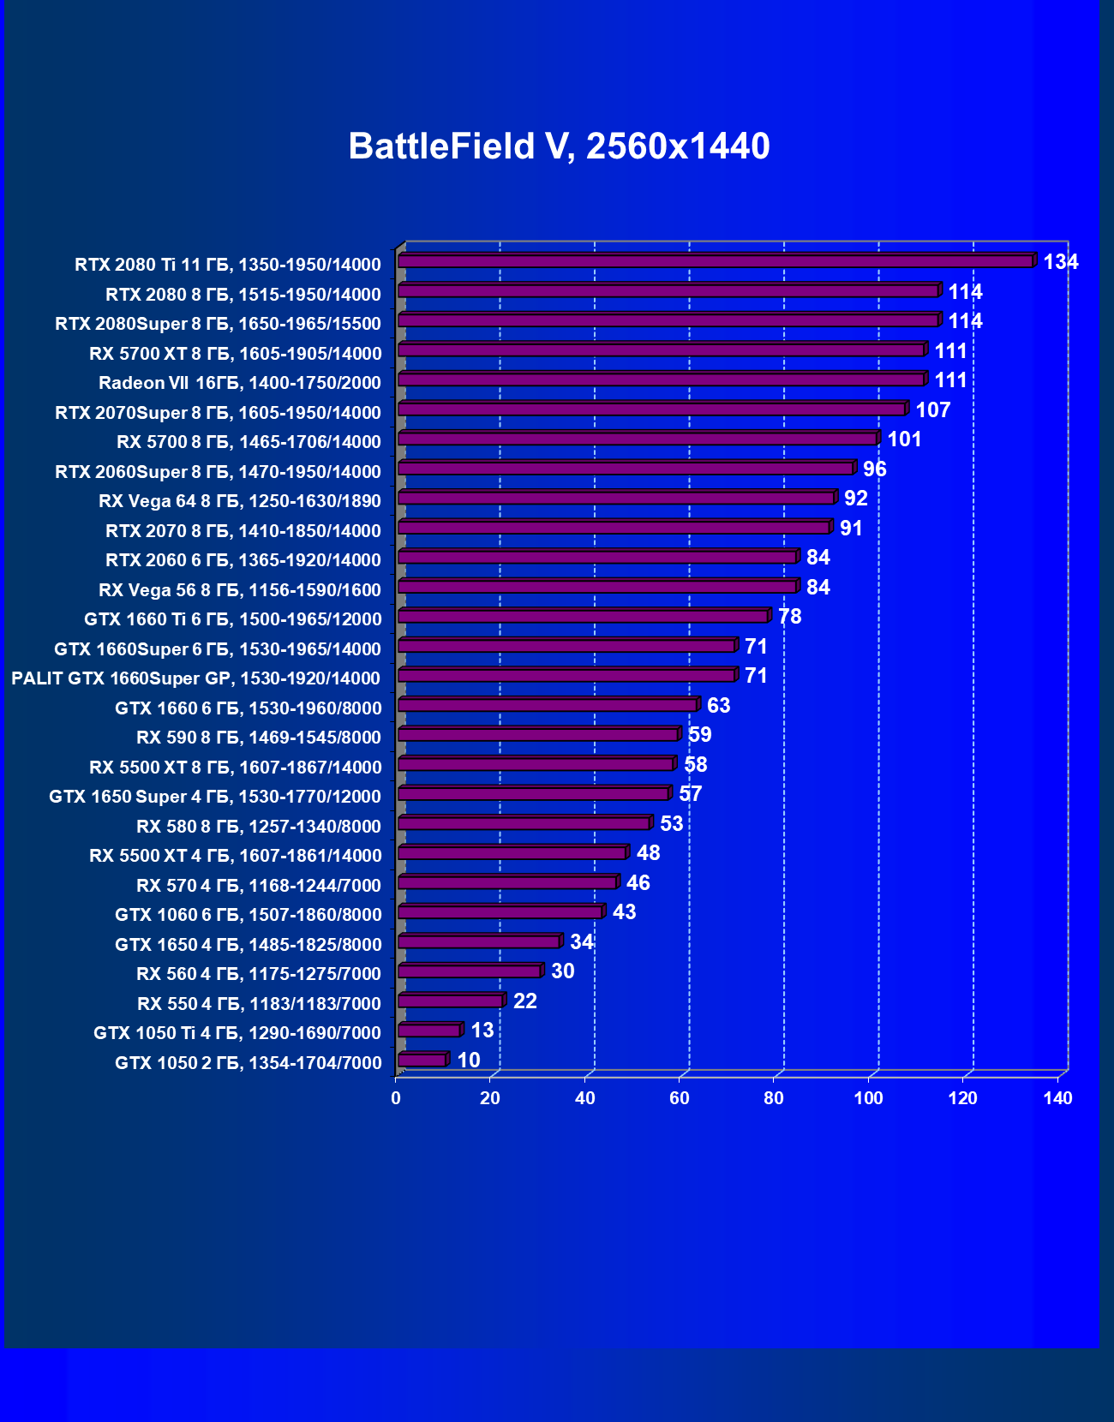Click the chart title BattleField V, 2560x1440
click(x=559, y=146)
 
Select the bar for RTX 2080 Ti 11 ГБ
click(x=716, y=261)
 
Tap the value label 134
click(x=1060, y=262)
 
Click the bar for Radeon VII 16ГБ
click(x=662, y=379)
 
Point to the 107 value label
click(x=932, y=410)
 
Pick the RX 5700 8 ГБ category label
click(x=249, y=442)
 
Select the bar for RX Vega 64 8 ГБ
click(x=616, y=498)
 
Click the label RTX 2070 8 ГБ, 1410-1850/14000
click(x=243, y=531)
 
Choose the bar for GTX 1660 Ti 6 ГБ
click(x=584, y=616)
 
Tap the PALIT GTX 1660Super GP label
click(x=195, y=678)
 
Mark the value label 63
click(x=718, y=706)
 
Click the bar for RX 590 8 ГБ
click(x=538, y=734)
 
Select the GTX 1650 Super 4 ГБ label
click(x=214, y=797)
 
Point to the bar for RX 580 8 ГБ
click(x=524, y=823)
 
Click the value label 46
click(x=638, y=883)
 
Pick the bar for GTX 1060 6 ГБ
click(x=500, y=911)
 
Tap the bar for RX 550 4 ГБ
click(x=451, y=1001)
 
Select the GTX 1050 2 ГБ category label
click(x=248, y=1063)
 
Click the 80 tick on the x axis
click(x=774, y=1098)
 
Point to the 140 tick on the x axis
click(x=1057, y=1098)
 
